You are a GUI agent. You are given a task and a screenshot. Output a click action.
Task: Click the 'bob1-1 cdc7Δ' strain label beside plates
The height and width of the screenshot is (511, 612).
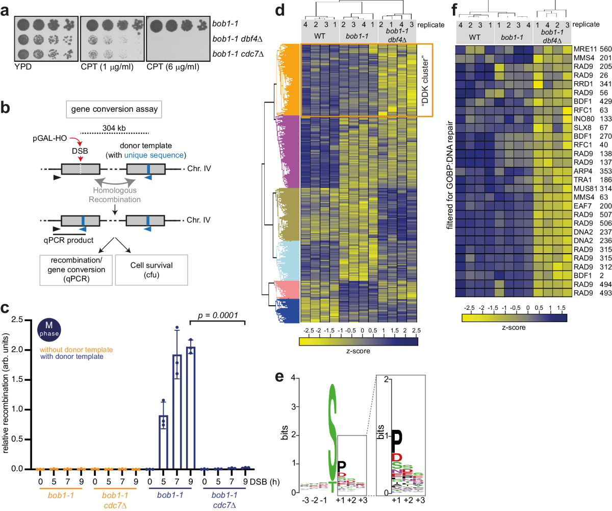point(243,53)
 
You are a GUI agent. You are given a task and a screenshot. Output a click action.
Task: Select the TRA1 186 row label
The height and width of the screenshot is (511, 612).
point(584,191)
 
